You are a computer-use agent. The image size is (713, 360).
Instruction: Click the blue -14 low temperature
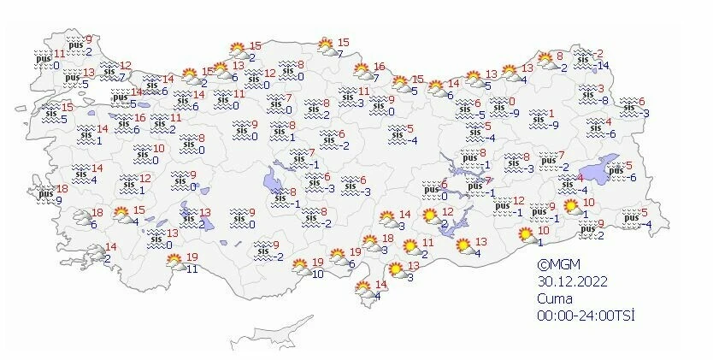pos(602,66)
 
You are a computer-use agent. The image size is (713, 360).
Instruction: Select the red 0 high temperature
pos(512,101)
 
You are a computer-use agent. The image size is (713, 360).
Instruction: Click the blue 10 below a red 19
pos(316,274)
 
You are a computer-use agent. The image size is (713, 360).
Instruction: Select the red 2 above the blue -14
pos(599,53)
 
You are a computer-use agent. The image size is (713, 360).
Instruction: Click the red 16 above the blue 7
pos(380,67)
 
